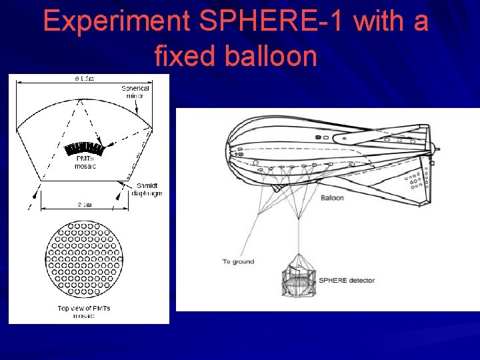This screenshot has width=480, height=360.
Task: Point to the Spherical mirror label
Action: [135, 91]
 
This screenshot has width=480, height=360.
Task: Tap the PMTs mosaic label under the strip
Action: [85, 163]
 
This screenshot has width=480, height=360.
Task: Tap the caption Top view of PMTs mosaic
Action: [85, 311]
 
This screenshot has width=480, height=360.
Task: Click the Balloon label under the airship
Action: [332, 198]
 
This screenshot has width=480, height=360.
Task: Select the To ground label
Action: [238, 261]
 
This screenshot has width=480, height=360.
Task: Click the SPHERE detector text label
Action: [346, 280]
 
